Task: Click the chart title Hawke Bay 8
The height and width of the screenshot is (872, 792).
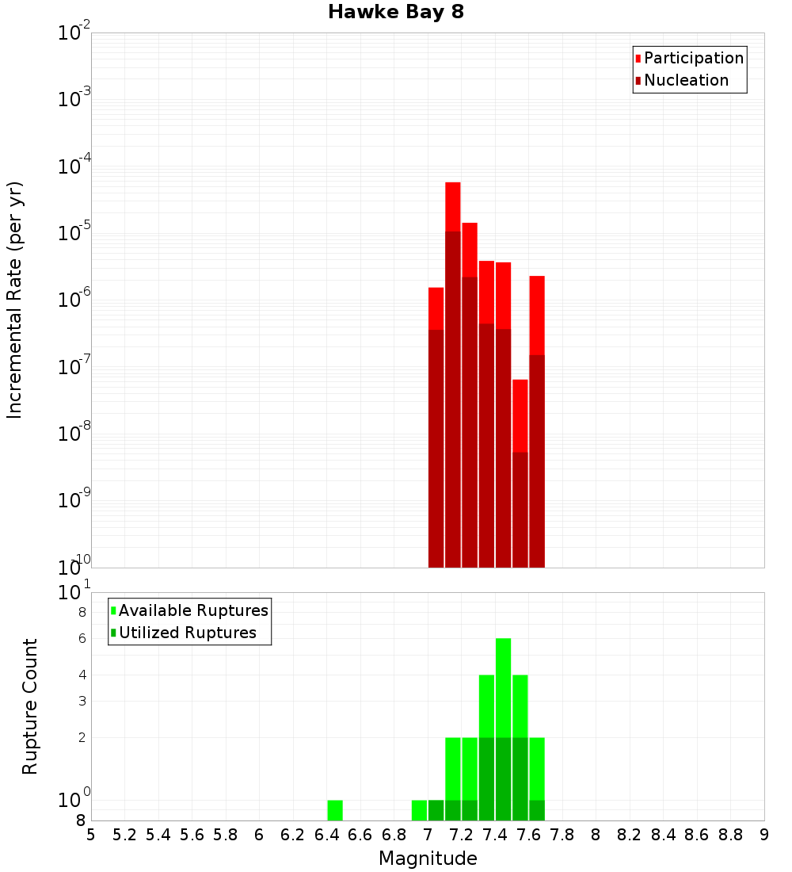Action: coord(395,12)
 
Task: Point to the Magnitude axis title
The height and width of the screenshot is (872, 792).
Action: coord(428,859)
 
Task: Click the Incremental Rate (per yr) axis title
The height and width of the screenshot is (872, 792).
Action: coord(15,300)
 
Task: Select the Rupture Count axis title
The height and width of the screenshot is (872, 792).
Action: coord(30,706)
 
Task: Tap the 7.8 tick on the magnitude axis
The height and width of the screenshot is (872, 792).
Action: coord(562,835)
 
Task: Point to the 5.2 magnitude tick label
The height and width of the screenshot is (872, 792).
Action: coord(125,835)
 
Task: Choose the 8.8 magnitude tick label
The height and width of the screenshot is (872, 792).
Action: coord(730,835)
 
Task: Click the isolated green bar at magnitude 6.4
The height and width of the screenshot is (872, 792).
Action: coord(335,810)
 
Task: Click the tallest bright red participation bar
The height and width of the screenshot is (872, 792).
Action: coord(453,206)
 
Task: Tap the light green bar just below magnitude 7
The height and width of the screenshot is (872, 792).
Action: coord(419,810)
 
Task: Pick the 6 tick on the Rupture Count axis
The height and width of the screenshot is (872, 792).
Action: coord(82,638)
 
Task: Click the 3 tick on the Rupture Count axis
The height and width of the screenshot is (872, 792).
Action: coord(82,701)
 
